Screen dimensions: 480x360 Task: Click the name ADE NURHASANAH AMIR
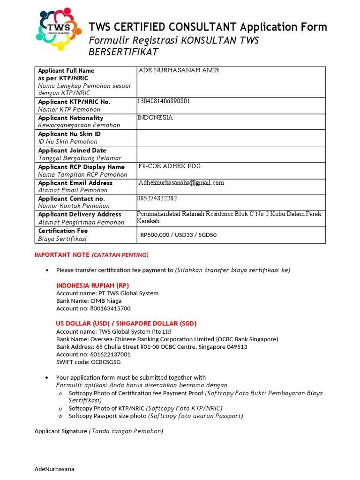179,71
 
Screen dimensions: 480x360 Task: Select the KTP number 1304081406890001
164,101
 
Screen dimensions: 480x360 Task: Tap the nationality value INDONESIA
155,118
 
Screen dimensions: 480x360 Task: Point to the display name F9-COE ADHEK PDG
170,166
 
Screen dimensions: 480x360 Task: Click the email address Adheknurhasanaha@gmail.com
181,183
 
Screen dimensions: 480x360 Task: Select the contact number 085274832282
157,199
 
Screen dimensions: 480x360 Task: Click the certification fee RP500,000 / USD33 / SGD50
179,235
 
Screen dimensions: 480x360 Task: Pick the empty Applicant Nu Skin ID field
231,138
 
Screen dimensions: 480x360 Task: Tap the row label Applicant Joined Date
72,150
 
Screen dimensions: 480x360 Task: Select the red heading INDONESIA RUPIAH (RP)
92,285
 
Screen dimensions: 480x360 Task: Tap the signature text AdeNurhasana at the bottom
54,469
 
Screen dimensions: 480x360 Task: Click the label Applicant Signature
61,431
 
